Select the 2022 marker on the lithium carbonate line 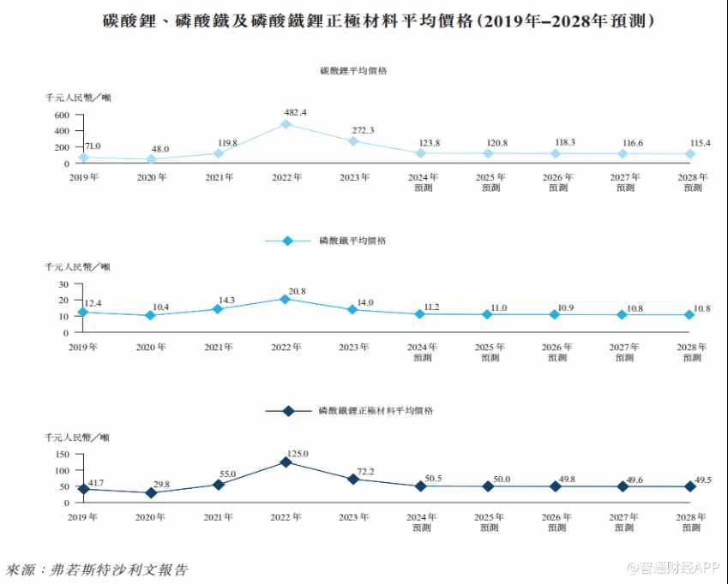(x=286, y=124)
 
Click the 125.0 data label (x=297, y=454)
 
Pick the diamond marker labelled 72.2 (x=353, y=479)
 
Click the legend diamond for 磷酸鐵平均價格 (x=287, y=241)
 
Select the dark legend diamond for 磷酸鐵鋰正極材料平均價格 (x=287, y=411)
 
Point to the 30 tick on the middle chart (x=63, y=283)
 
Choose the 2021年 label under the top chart (x=219, y=177)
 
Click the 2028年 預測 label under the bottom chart (x=692, y=521)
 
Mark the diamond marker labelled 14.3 (x=219, y=309)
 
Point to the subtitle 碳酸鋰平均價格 (x=352, y=71)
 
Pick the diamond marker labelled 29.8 (x=151, y=493)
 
